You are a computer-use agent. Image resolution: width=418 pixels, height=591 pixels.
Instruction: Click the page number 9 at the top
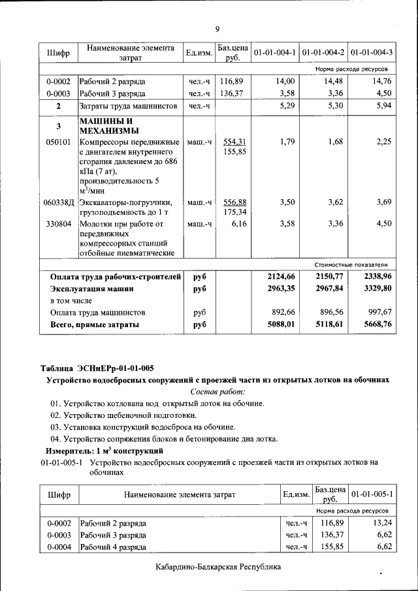(x=217, y=28)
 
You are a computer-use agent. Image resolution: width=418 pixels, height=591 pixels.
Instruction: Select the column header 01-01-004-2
(x=324, y=52)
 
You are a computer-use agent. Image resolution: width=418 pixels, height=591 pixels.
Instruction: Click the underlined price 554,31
(x=234, y=142)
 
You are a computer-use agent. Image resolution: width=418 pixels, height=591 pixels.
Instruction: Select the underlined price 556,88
(x=234, y=202)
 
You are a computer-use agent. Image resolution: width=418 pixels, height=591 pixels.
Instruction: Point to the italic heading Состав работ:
(x=217, y=391)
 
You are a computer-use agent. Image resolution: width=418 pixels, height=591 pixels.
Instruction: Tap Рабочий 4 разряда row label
(x=113, y=547)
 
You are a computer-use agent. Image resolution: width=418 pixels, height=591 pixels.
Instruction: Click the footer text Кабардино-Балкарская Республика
(x=218, y=567)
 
